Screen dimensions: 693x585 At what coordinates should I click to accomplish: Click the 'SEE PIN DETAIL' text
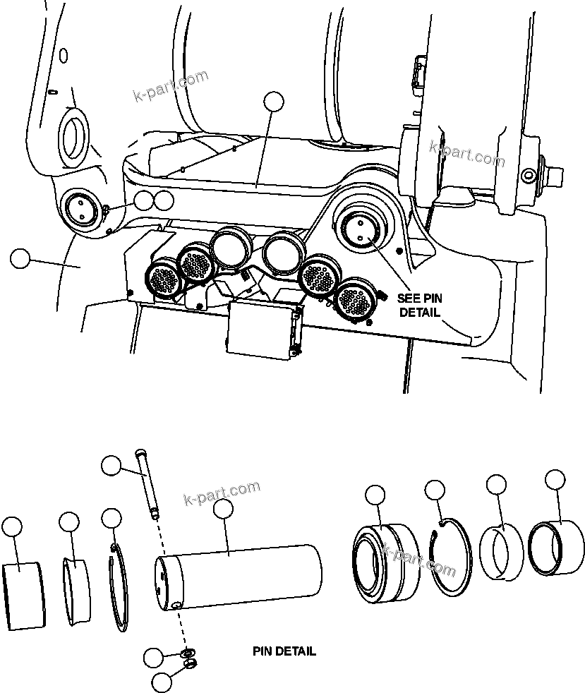(419, 305)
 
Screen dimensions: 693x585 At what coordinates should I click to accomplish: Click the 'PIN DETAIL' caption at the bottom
(284, 651)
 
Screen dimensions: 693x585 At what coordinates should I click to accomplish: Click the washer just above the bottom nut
(187, 651)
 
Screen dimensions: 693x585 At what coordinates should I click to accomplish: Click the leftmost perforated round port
(163, 279)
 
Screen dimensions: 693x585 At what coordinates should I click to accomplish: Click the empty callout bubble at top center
(273, 102)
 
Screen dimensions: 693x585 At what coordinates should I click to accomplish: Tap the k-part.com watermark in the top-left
(170, 86)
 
